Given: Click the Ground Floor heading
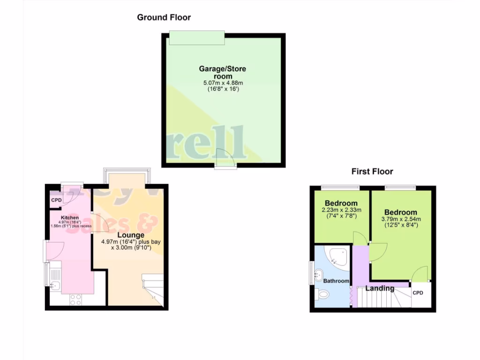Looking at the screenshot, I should coord(164,17).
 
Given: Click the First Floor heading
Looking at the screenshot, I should coord(372,172).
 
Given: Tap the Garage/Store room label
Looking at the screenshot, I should coord(222,72).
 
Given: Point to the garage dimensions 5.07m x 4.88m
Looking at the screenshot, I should coord(222,83).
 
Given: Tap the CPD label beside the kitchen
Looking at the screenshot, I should coord(56,200).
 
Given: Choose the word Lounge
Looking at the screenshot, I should coord(131,235).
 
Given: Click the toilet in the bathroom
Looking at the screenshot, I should coord(323,294).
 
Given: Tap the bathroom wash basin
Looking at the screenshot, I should coord(318,274).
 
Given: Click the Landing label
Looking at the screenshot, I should coord(380,288).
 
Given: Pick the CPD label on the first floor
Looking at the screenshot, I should coord(418,293).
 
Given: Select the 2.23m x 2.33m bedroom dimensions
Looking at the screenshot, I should coord(339,210).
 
